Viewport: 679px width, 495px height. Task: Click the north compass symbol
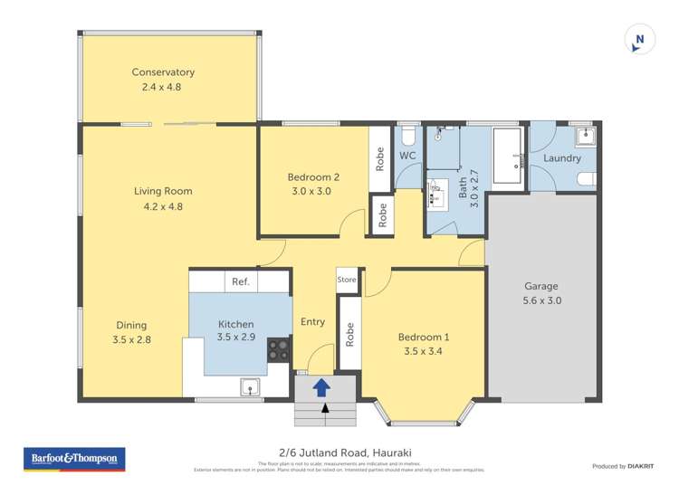point(640,39)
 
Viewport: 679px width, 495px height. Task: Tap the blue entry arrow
point(320,387)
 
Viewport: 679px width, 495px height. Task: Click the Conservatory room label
point(163,72)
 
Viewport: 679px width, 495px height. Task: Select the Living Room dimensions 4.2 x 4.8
point(163,206)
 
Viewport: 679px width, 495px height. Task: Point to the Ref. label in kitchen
point(240,281)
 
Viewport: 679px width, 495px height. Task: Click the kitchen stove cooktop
point(278,349)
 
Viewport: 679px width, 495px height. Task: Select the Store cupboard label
point(347,281)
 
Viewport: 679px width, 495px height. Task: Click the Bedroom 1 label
point(424,338)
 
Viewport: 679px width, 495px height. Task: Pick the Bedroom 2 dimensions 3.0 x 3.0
point(313,192)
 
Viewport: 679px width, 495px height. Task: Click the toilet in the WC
point(407,136)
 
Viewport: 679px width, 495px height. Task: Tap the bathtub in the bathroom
point(508,156)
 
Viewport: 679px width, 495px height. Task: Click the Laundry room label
point(561,158)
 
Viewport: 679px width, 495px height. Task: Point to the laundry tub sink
point(586,137)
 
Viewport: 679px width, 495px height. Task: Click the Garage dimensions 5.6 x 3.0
point(542,300)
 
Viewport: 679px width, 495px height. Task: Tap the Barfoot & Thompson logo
point(74,460)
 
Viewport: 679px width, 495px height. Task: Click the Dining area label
point(131,326)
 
